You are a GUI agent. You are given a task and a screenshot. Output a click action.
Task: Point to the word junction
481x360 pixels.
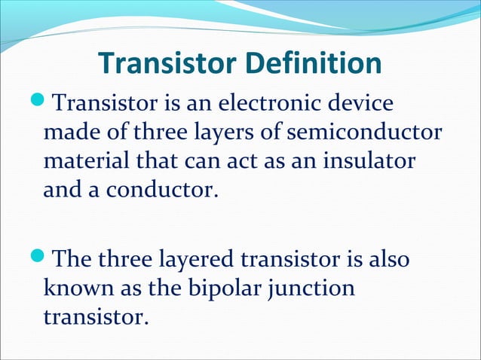(x=316, y=290)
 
